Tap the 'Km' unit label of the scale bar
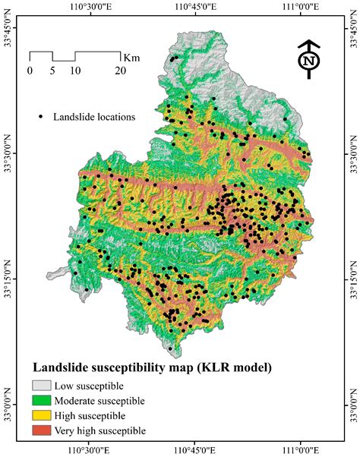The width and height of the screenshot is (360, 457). (131, 56)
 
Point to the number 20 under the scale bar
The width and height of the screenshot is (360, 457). (120, 71)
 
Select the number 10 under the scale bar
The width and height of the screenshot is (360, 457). (74, 71)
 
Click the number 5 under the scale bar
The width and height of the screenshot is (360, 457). (52, 71)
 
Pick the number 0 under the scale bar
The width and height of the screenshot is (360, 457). (30, 71)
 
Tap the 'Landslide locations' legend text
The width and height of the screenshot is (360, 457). (93, 117)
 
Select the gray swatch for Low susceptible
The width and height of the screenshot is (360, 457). (43, 385)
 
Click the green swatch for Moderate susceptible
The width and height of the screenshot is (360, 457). (43, 400)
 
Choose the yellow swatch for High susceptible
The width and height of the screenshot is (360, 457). (43, 415)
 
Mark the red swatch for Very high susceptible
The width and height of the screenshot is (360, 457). (43, 430)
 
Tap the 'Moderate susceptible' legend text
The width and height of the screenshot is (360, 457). (101, 400)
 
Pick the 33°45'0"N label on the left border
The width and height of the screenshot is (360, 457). (8, 36)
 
